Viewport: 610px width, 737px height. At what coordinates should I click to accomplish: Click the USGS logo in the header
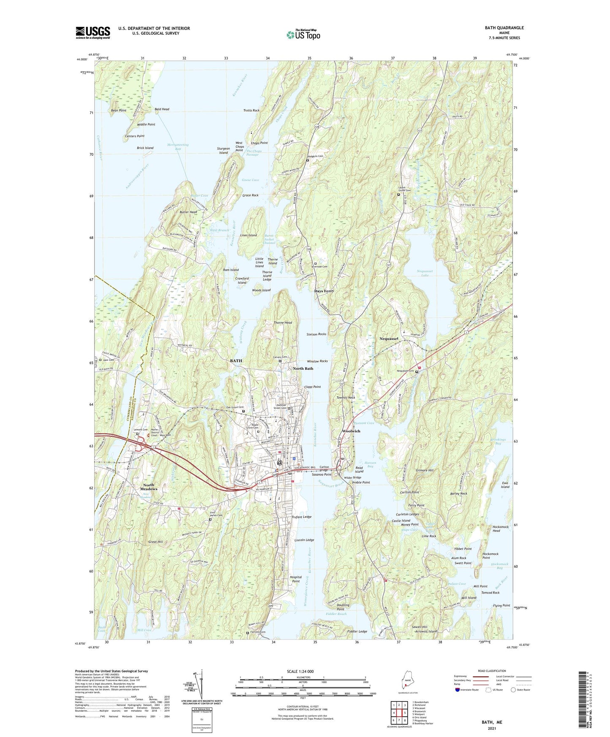93,33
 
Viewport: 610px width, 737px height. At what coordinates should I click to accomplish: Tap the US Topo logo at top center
303,35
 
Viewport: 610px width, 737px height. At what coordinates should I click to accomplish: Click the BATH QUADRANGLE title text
504,28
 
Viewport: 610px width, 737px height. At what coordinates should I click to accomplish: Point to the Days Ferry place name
324,291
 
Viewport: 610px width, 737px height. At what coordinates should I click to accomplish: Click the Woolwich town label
351,431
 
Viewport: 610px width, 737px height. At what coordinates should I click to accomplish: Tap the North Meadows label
149,487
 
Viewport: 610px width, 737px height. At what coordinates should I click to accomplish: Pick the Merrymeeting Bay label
178,147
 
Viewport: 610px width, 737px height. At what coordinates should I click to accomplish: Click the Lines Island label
248,235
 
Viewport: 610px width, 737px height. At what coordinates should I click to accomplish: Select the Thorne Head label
282,322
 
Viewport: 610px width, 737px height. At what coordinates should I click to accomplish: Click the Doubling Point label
340,607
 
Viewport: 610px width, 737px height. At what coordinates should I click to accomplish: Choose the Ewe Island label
505,485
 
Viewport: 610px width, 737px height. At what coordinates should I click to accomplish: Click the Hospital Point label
296,579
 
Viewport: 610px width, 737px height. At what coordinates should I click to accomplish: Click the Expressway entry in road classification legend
461,676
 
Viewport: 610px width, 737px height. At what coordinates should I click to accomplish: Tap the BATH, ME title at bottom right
492,722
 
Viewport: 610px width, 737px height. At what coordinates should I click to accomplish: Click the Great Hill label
155,542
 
